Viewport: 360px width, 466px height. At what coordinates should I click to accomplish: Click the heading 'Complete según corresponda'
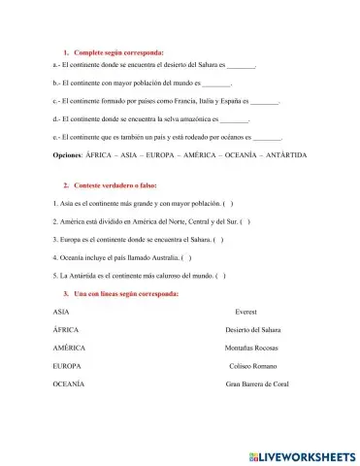[x=114, y=51]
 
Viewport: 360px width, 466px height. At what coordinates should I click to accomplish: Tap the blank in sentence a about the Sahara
[x=240, y=67]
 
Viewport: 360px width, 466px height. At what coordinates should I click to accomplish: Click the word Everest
[x=249, y=312]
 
